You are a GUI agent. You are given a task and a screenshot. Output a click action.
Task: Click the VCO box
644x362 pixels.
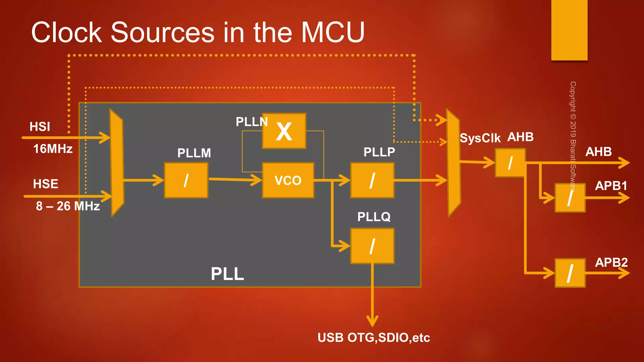click(x=288, y=180)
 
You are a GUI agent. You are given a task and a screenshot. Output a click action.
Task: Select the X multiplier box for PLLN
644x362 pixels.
click(x=284, y=131)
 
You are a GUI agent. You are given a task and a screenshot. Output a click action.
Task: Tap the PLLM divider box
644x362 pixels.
click(x=186, y=180)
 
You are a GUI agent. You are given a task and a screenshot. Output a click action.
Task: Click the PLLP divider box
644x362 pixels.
click(x=372, y=180)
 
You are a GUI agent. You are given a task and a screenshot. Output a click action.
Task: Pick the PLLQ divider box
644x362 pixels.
click(x=372, y=246)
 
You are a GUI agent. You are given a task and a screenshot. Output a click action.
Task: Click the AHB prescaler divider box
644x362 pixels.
click(x=510, y=163)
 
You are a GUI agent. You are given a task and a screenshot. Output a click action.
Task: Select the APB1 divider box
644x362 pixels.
click(x=570, y=198)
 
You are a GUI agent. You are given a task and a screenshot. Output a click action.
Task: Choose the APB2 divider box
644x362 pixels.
click(x=570, y=273)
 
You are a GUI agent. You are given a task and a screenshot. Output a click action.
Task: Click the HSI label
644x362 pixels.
click(x=40, y=127)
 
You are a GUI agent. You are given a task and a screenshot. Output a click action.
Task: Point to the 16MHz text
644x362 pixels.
click(x=53, y=149)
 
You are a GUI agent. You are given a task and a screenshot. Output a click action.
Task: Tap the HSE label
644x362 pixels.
click(x=46, y=184)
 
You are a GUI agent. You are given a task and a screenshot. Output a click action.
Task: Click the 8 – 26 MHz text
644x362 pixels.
click(x=68, y=206)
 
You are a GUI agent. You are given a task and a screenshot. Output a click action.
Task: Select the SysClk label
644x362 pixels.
click(x=480, y=138)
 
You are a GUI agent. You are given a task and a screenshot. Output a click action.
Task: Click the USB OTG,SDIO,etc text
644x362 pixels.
click(x=374, y=338)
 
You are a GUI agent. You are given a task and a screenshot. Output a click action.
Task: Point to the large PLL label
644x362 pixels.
click(x=227, y=274)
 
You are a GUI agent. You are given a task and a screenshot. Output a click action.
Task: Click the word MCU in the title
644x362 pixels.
click(x=333, y=32)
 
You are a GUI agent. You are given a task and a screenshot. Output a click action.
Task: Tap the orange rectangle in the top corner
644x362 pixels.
click(x=569, y=30)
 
